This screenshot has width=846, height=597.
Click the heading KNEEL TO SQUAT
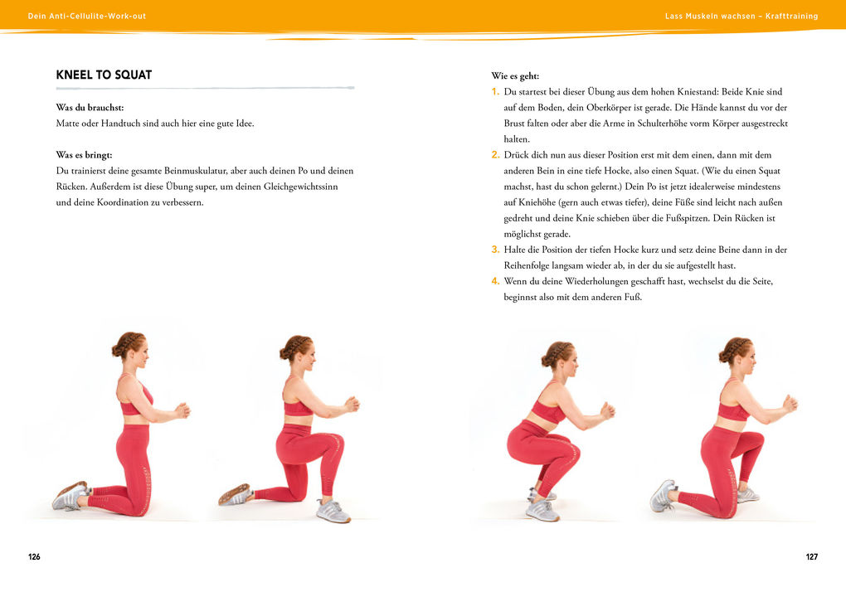[104, 75]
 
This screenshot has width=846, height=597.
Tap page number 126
[34, 556]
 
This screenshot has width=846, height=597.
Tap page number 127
[811, 556]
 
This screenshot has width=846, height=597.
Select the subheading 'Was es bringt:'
[84, 155]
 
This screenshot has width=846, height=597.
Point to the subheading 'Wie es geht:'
[515, 75]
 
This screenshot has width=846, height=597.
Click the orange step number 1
[495, 92]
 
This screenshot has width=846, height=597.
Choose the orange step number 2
[495, 155]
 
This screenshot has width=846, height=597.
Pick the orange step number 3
[495, 250]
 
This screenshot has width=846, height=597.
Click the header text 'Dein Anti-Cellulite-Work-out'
[87, 16]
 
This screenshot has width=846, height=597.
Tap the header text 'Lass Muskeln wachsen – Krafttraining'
[741, 16]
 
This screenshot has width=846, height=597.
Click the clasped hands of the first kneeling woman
[181, 410]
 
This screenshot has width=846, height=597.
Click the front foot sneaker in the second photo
[333, 510]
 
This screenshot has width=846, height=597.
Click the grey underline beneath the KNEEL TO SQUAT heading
[205, 88]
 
